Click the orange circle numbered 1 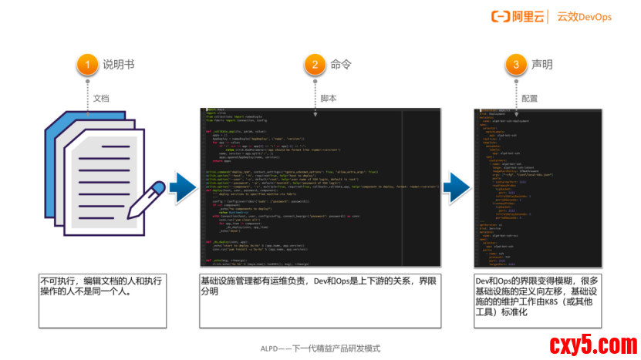(89, 64)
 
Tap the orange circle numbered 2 (315, 64)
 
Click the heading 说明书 (119, 65)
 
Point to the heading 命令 (341, 65)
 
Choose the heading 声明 (542, 65)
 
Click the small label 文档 (101, 99)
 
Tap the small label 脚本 (329, 99)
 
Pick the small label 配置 (530, 99)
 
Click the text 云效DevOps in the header (585, 16)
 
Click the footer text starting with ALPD (320, 348)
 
